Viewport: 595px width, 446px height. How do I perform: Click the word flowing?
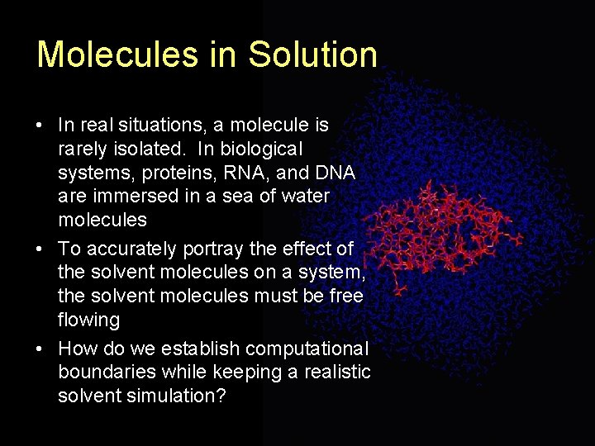(88, 320)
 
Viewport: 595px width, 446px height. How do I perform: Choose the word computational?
(307, 348)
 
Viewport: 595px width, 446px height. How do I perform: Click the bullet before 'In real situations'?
(40, 126)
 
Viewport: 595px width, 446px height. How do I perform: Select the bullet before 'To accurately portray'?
(40, 249)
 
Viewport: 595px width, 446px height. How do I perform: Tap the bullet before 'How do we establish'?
(40, 349)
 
